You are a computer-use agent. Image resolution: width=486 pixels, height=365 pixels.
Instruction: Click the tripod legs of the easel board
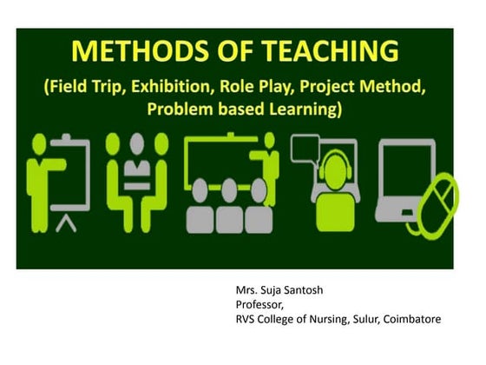click(x=62, y=224)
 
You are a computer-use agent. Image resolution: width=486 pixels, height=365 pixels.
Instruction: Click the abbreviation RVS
click(x=247, y=319)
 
